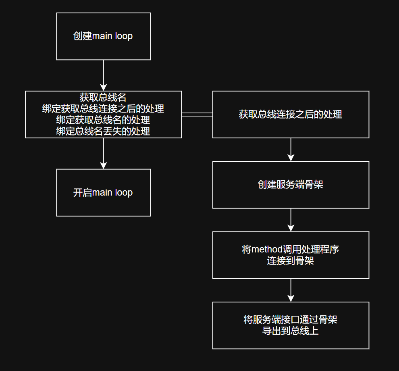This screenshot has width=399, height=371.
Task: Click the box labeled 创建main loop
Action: (x=103, y=36)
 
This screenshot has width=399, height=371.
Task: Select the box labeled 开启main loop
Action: (x=103, y=192)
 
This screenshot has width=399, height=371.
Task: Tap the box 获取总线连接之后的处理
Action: (x=291, y=115)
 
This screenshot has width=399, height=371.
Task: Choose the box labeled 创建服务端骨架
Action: (x=291, y=185)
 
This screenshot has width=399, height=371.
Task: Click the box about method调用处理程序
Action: (x=291, y=255)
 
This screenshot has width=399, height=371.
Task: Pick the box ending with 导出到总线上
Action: (x=291, y=325)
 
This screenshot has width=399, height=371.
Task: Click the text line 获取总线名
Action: (x=103, y=97)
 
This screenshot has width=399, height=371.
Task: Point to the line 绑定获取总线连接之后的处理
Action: (x=103, y=108)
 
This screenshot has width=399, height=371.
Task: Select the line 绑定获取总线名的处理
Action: (x=103, y=120)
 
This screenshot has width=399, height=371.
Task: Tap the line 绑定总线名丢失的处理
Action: (x=103, y=131)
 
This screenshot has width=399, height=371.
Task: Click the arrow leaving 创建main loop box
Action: (x=104, y=75)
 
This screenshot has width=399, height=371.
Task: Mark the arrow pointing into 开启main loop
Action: (x=104, y=154)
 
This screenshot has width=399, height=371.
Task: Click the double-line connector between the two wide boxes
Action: (x=197, y=115)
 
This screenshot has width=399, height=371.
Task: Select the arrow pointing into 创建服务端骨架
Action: (x=291, y=150)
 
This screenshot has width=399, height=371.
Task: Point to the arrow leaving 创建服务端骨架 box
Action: (x=291, y=220)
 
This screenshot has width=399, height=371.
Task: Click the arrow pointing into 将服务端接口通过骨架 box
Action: (x=291, y=290)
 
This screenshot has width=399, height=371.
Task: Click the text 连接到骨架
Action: (x=291, y=261)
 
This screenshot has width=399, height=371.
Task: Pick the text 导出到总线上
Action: (x=291, y=331)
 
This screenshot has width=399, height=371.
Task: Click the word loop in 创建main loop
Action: (x=124, y=36)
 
